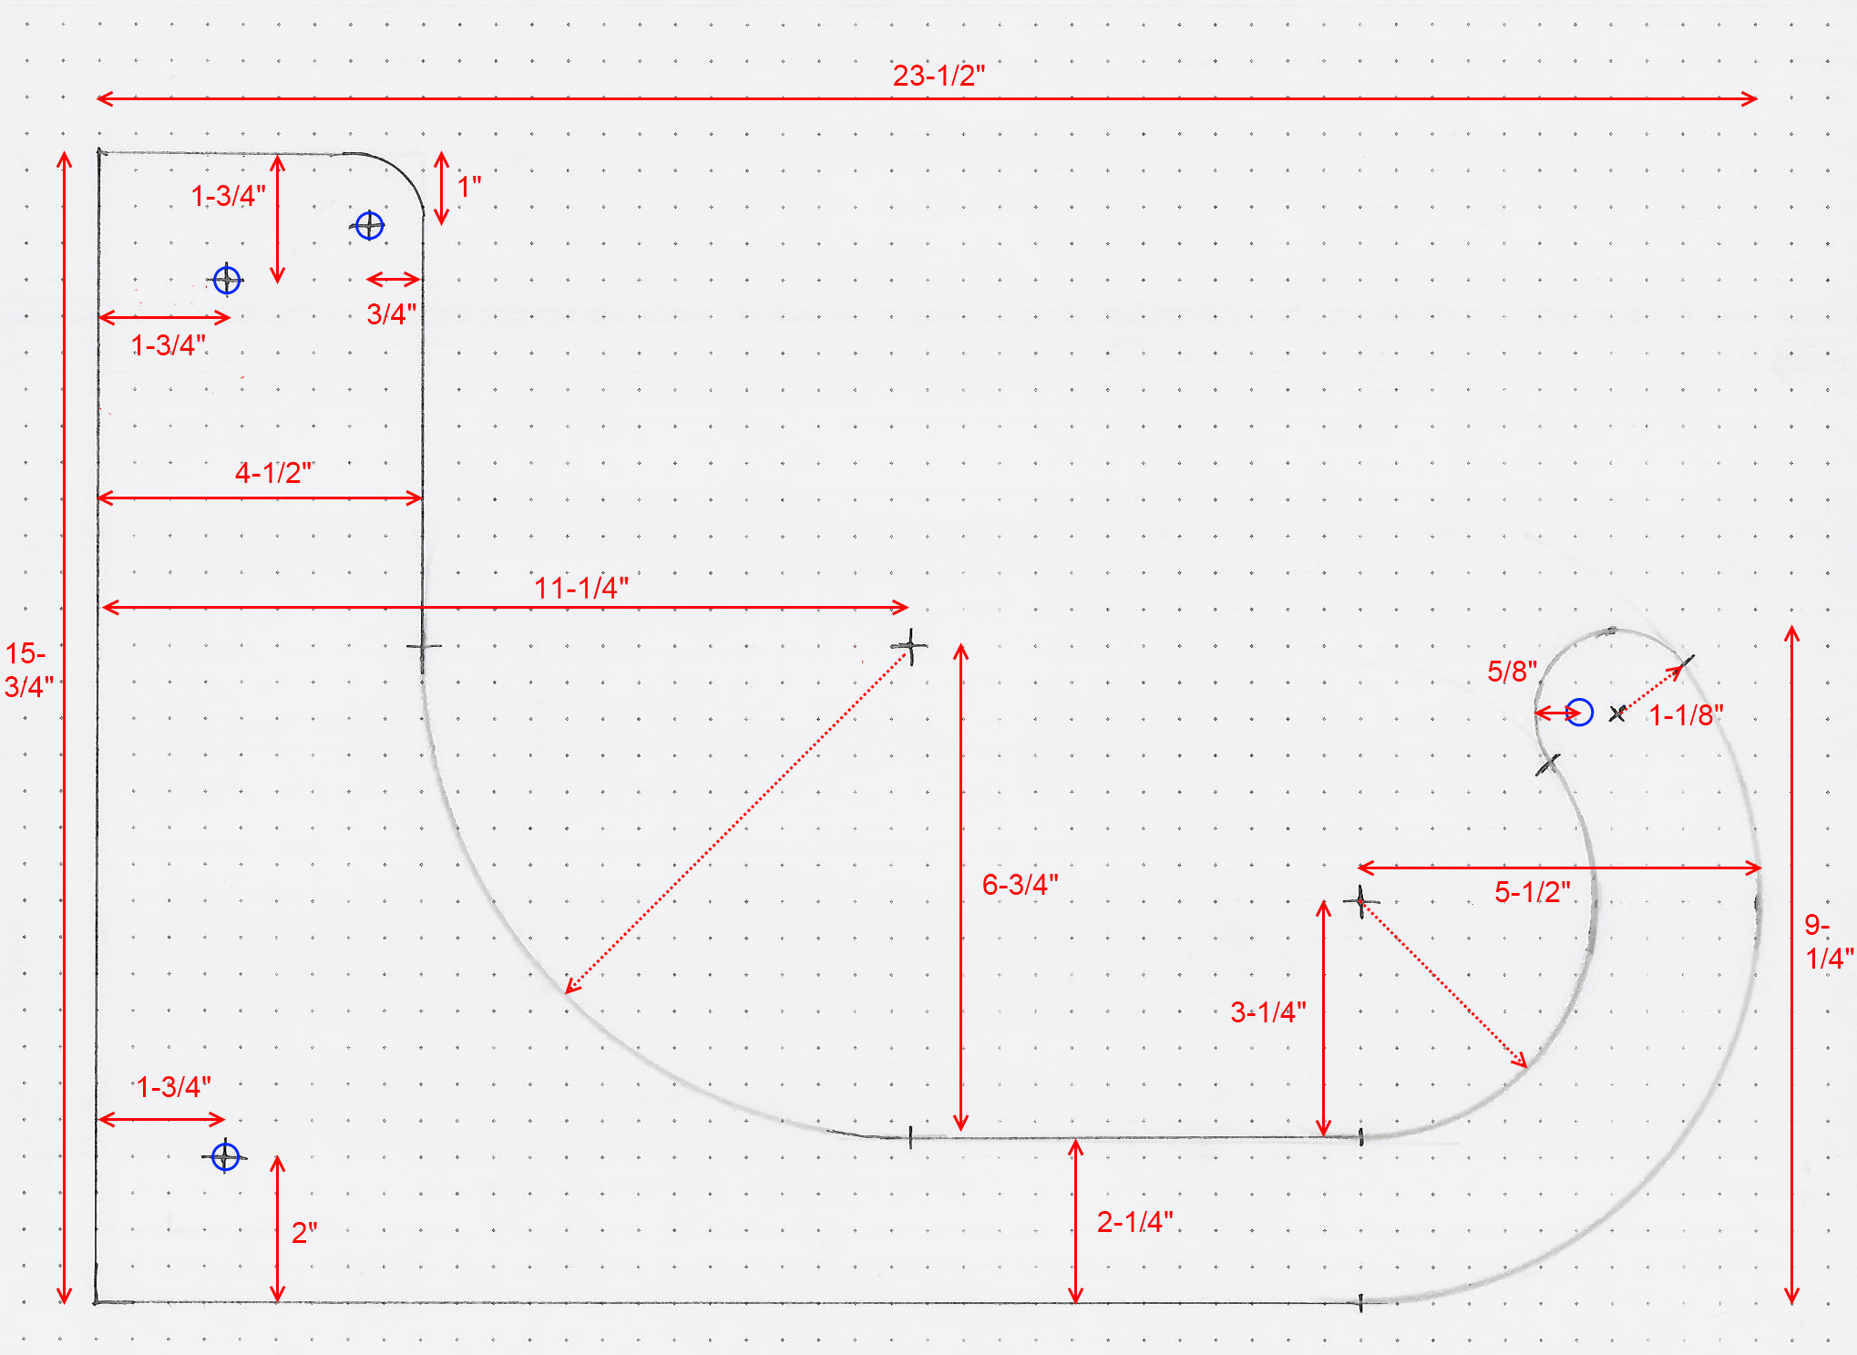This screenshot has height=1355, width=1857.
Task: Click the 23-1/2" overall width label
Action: click(939, 75)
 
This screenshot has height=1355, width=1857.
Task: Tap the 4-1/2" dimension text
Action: click(274, 472)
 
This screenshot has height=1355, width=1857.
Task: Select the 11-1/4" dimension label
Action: click(581, 588)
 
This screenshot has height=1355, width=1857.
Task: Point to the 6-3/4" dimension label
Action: click(1020, 884)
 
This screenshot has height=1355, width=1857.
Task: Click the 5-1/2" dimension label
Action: click(1533, 891)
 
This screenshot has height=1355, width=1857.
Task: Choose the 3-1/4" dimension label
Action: click(1268, 1011)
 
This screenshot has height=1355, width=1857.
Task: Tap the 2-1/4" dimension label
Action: click(1134, 1221)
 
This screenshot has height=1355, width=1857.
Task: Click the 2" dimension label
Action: click(304, 1232)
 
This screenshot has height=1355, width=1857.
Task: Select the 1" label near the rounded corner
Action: click(469, 186)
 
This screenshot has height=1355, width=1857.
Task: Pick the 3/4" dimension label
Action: click(392, 313)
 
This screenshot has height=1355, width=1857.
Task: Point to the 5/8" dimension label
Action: click(1513, 671)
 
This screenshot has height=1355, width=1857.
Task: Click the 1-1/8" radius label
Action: click(1687, 714)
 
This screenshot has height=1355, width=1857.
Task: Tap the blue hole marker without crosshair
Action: click(1579, 712)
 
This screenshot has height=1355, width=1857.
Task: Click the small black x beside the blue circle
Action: click(1617, 713)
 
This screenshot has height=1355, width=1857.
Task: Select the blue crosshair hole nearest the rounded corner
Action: click(369, 225)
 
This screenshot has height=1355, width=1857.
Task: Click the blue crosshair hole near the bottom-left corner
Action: click(225, 1157)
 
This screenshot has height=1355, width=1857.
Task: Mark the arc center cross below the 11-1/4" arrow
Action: click(909, 646)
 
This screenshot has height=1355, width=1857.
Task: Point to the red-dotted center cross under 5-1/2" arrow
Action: click(1360, 901)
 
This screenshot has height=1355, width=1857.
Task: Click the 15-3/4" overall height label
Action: click(28, 670)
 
